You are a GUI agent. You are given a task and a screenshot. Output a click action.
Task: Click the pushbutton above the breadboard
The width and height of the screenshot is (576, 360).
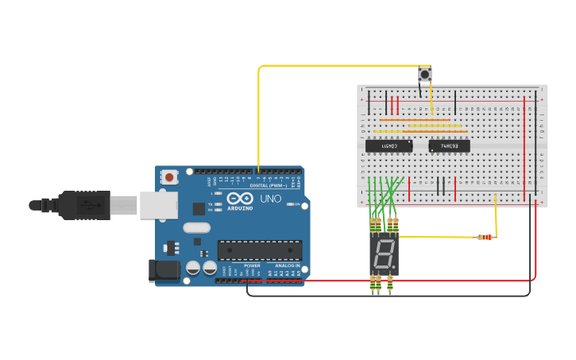click(x=425, y=75)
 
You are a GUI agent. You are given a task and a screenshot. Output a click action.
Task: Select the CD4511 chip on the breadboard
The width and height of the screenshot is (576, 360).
click(x=389, y=145)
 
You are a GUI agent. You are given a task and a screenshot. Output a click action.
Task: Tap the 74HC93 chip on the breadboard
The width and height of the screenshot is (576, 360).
click(x=449, y=145)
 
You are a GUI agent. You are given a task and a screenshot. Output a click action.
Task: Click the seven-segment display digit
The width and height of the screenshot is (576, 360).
click(x=383, y=254)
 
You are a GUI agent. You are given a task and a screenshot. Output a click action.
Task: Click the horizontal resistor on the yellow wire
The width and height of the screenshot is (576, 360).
click(x=483, y=237)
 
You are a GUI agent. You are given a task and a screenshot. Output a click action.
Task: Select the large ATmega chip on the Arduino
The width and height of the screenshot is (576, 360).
click(x=260, y=250)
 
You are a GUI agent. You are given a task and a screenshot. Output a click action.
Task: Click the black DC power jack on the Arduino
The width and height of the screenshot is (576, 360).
click(x=165, y=270)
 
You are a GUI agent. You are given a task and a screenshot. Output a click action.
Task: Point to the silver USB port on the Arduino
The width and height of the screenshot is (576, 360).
click(x=158, y=204)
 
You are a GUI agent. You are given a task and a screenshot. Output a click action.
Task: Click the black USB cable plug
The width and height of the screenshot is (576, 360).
click(x=83, y=204)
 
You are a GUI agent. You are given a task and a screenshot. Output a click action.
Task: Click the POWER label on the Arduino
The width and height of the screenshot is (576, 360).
click(x=252, y=265)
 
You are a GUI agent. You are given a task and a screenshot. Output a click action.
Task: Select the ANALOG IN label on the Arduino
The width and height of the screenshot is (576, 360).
click(x=287, y=265)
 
